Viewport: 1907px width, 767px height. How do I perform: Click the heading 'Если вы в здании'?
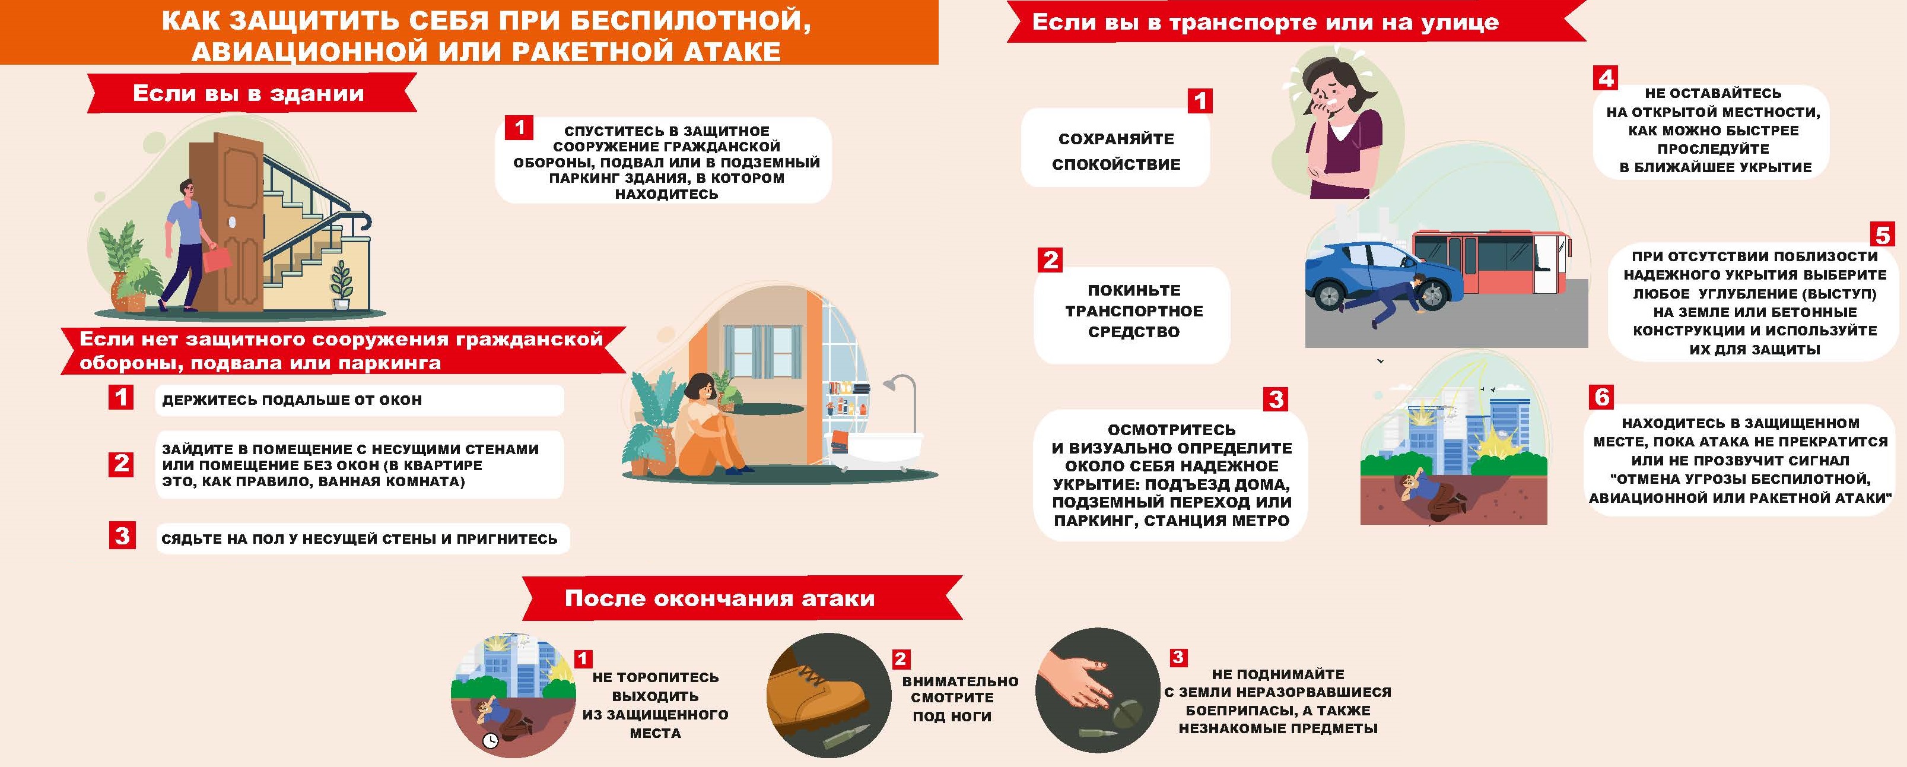click(x=248, y=93)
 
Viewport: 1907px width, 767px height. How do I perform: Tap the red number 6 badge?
click(x=1602, y=398)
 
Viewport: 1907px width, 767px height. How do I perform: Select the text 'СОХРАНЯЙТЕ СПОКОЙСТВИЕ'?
click(x=1115, y=151)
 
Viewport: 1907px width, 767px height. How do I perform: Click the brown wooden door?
click(x=228, y=222)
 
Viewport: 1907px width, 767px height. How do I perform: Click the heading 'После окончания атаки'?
click(x=720, y=598)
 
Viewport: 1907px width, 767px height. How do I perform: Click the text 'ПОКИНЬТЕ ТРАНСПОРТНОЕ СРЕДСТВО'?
click(x=1133, y=311)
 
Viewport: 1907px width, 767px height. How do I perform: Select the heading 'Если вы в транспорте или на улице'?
click(x=1265, y=22)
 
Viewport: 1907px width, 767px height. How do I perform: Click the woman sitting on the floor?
click(x=707, y=429)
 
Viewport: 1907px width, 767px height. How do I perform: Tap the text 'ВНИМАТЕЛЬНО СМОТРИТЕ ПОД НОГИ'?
click(x=959, y=698)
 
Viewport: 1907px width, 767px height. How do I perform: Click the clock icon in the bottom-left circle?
click(x=490, y=740)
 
